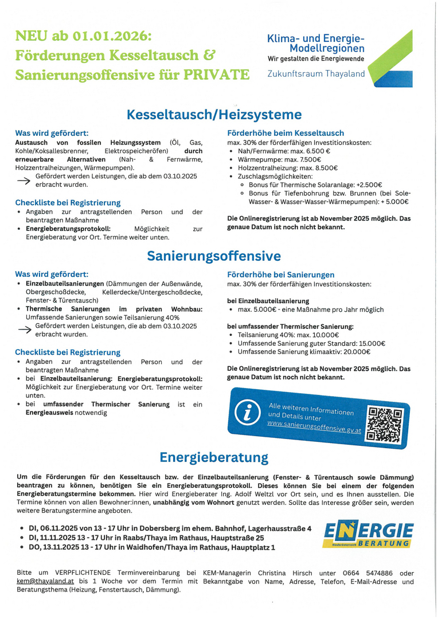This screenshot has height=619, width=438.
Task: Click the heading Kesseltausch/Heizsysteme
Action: (x=214, y=115)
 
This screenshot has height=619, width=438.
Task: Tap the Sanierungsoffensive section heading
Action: (x=214, y=256)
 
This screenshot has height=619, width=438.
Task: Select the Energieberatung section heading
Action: (x=214, y=457)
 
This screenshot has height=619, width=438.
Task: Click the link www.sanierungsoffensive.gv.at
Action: (x=314, y=428)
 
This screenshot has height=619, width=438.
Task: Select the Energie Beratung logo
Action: (x=369, y=534)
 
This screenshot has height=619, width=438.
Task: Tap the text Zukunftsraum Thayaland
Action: (x=316, y=74)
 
